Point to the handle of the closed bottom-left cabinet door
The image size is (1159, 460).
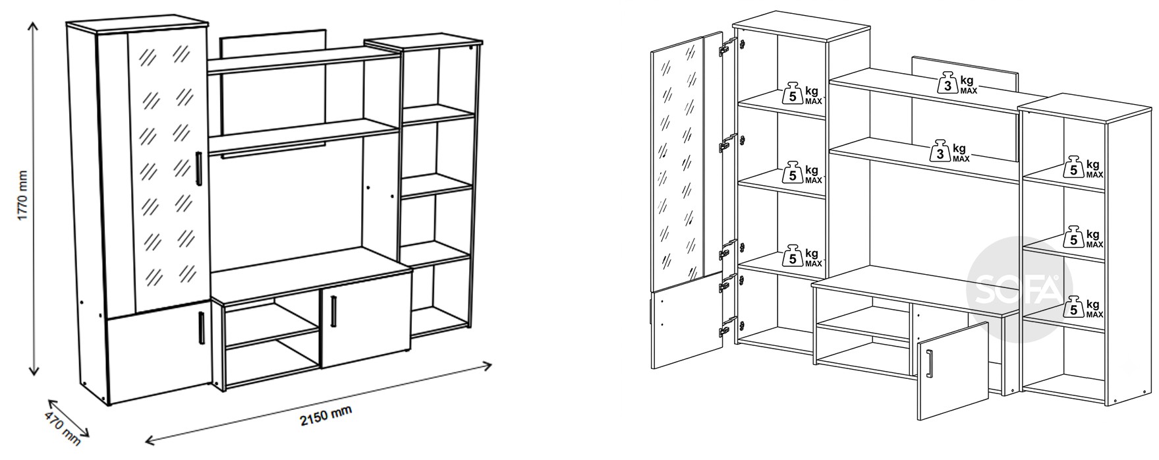201,327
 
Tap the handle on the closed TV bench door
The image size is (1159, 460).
333,310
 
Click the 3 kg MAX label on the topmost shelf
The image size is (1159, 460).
957,84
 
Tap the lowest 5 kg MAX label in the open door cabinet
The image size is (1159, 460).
801,257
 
